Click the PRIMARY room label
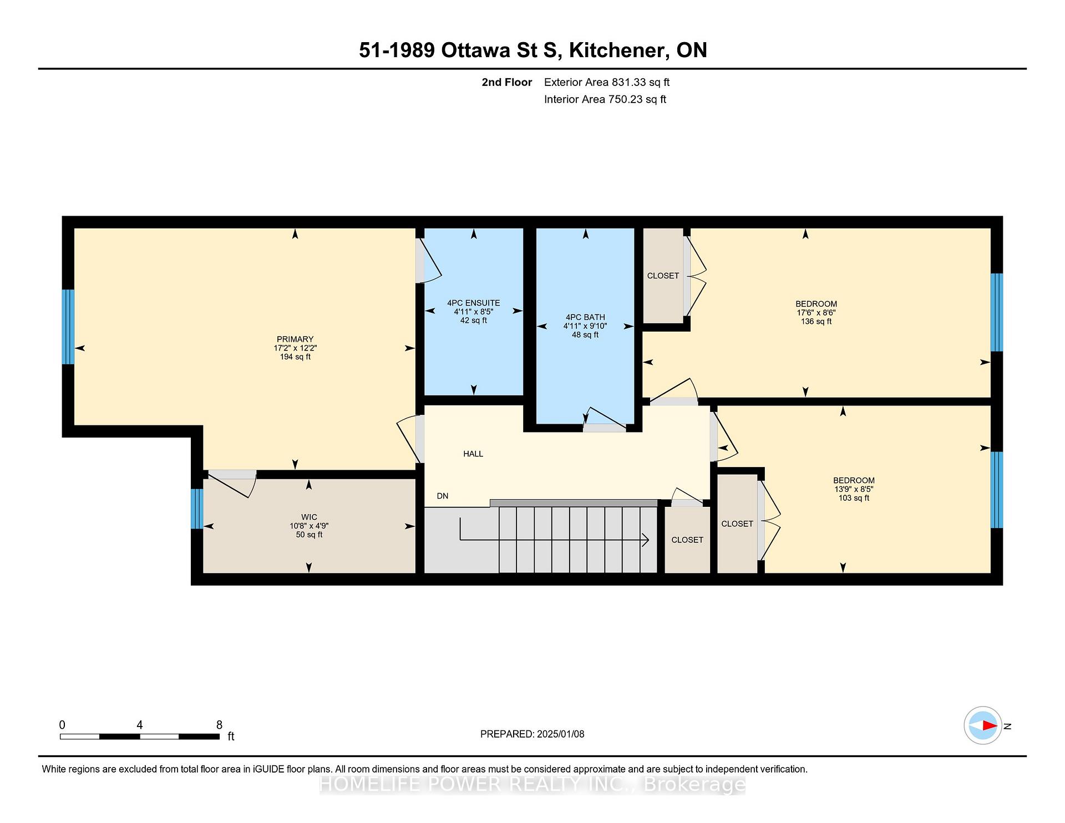(295, 339)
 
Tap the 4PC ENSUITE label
(474, 303)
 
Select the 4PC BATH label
(585, 317)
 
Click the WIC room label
(309, 517)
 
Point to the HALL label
(473, 454)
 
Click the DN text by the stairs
(443, 496)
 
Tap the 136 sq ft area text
(816, 322)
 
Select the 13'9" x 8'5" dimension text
(854, 489)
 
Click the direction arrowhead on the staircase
(646, 539)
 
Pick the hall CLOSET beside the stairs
(687, 540)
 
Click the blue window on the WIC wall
(197, 509)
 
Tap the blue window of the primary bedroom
(68, 327)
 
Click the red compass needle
(990, 725)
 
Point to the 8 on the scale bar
(219, 725)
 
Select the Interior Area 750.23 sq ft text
(605, 99)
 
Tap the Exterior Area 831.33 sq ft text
(607, 82)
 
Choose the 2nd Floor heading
(506, 82)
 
